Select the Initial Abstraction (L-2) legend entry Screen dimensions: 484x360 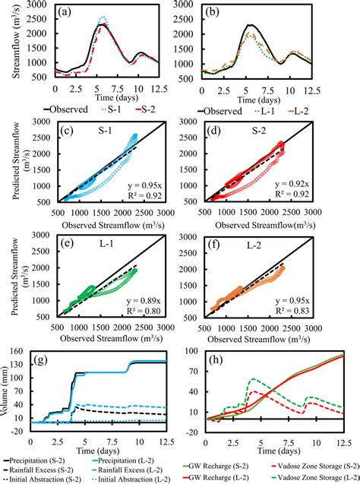pos(133,478)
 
